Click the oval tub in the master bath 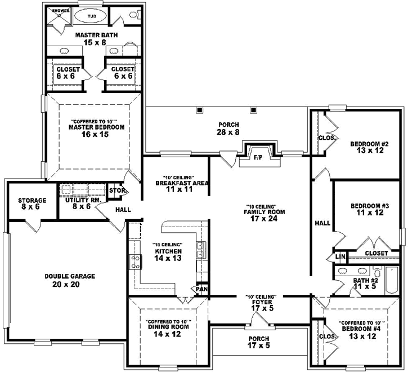tap(90, 16)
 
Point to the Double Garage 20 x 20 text tap(70, 280)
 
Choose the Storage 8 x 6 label tap(32, 203)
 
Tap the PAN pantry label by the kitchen tap(201, 289)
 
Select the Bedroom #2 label tap(366, 146)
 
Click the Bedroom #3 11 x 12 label tap(366, 209)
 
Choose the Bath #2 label tap(365, 283)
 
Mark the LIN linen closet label tap(339, 257)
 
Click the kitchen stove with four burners tap(136, 261)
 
